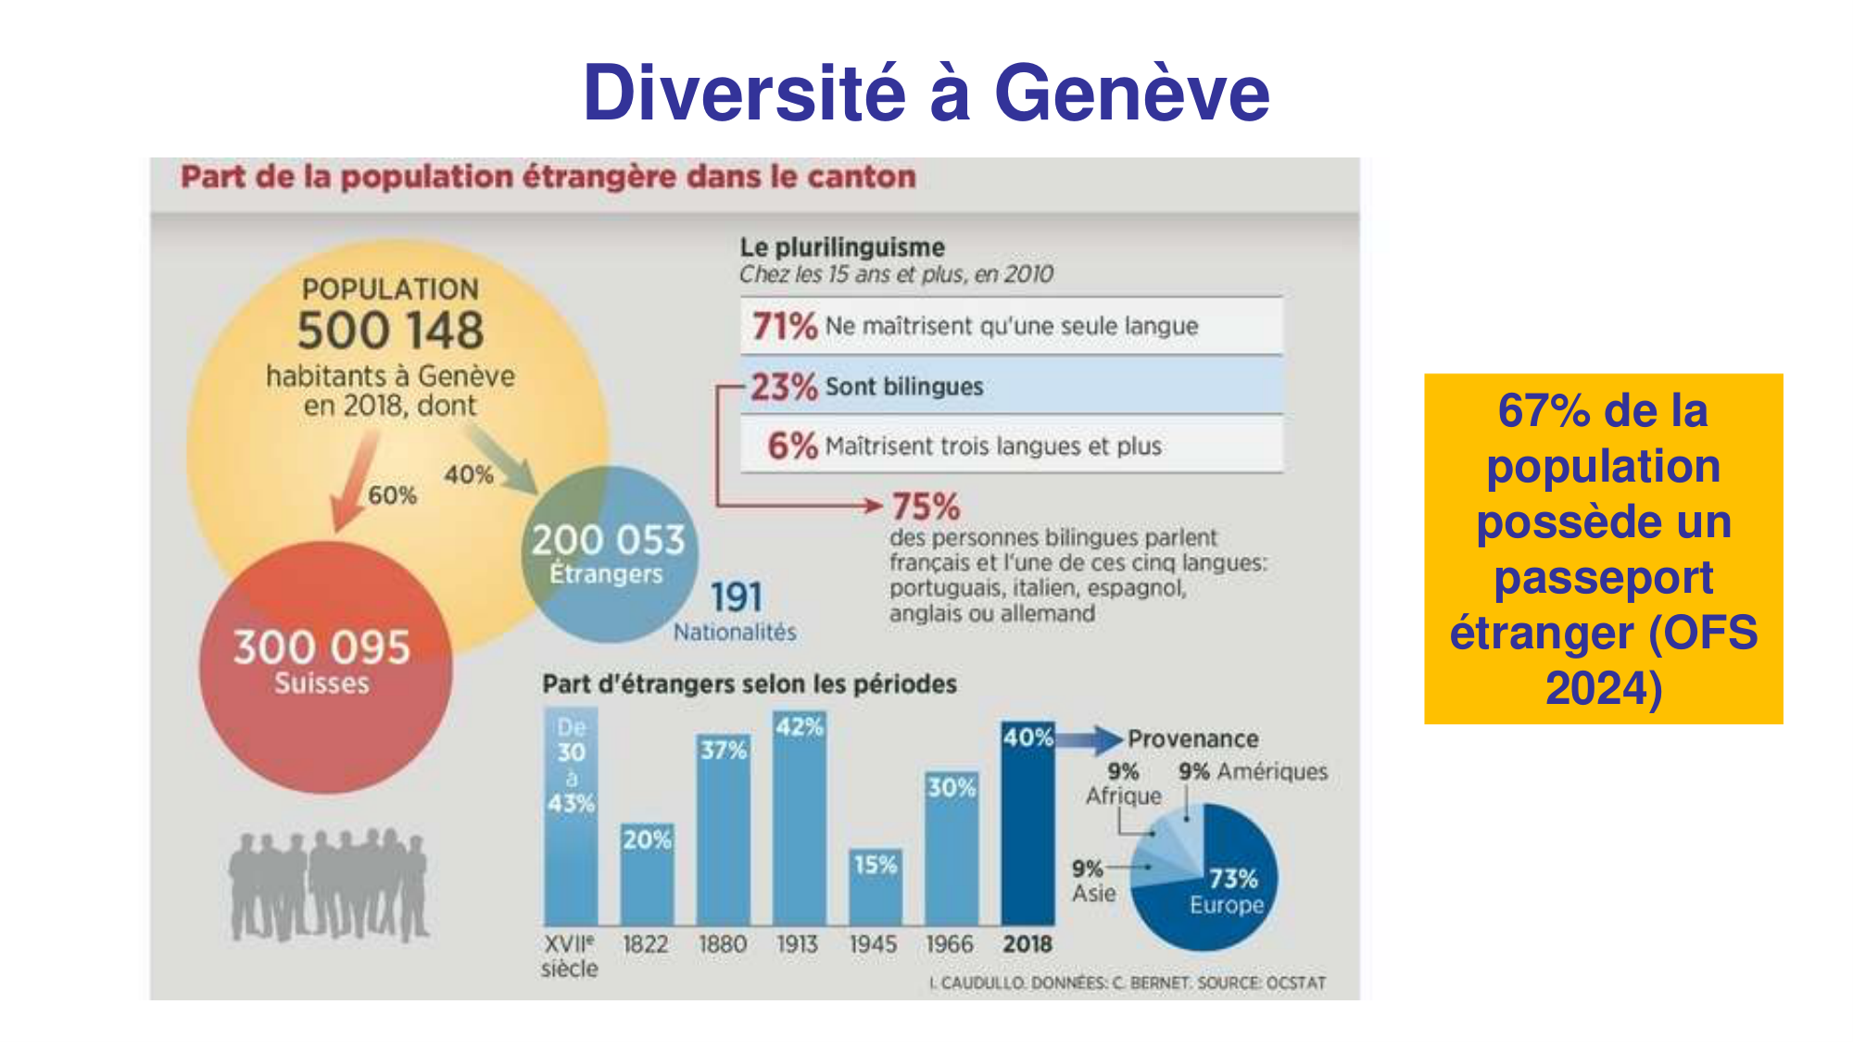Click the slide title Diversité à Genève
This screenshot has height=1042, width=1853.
pos(926,93)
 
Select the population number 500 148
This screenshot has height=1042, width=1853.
pos(390,331)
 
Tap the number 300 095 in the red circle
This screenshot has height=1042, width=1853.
pos(321,647)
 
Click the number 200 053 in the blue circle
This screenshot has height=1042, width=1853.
pos(608,540)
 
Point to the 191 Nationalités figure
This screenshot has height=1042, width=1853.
pos(736,598)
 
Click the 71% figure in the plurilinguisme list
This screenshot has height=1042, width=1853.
pos(784,326)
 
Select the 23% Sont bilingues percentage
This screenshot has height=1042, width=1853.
pos(784,386)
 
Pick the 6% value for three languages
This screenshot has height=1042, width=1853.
pos(792,446)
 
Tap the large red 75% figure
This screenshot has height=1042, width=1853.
pos(926,507)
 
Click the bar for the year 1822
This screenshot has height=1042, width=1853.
pos(647,875)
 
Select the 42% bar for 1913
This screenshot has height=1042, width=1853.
pos(799,820)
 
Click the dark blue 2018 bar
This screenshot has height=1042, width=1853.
pos(1027,824)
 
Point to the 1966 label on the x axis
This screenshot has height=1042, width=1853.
pos(950,944)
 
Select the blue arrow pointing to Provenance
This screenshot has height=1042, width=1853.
pos(1090,739)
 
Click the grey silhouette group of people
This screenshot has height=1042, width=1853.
pos(329,885)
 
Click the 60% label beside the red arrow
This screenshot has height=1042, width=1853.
pos(392,496)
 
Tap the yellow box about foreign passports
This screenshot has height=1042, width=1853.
pos(1603,548)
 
